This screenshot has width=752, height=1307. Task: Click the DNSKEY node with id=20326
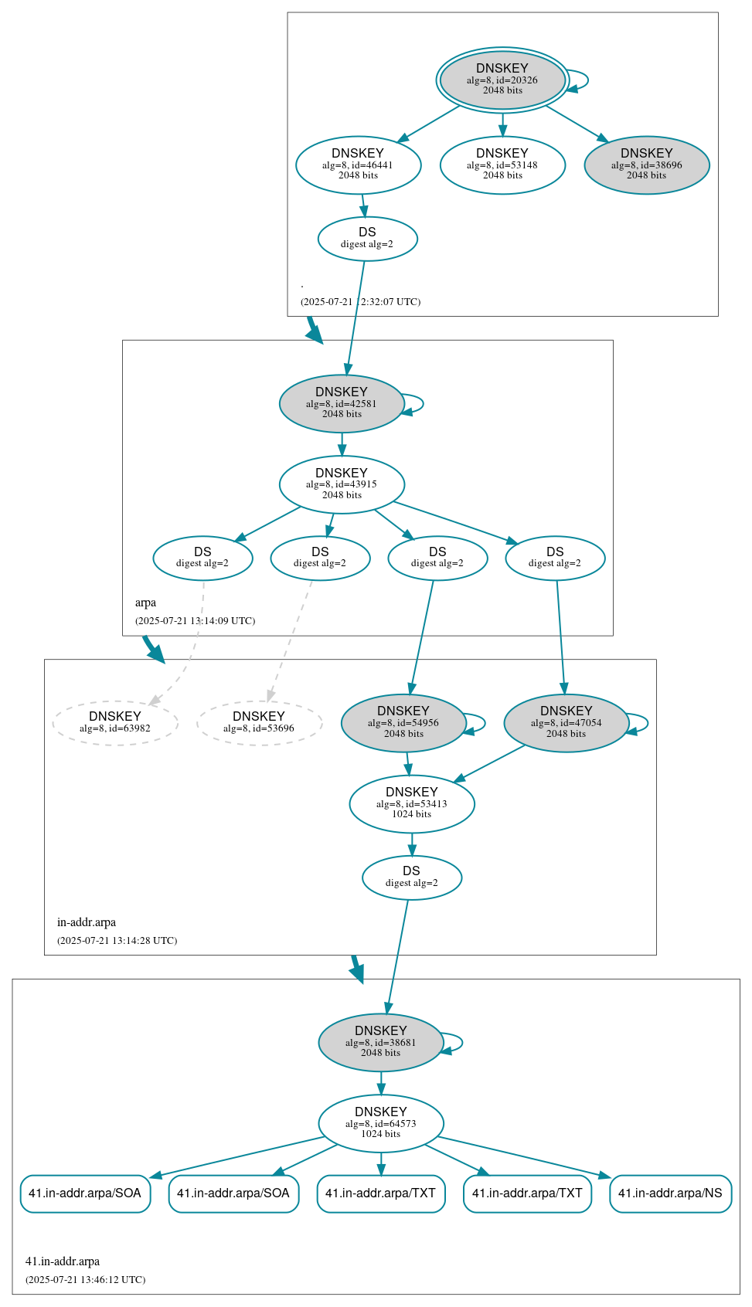[502, 80]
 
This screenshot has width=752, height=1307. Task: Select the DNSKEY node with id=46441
[358, 165]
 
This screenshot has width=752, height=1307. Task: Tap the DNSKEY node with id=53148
[502, 165]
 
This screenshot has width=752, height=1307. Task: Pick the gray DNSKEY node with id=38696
[647, 165]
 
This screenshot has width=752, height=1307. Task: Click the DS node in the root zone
[367, 239]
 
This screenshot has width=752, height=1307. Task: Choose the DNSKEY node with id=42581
[342, 403]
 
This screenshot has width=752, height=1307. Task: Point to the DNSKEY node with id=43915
[342, 484]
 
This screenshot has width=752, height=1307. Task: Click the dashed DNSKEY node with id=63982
[115, 723]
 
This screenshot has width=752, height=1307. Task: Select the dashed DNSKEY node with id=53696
[259, 723]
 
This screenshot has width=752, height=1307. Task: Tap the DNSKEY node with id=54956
[403, 723]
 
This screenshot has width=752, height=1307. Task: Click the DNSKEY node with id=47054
[567, 723]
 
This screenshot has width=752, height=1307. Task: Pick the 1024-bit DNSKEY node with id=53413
[412, 804]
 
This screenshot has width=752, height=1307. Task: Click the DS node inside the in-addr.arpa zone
[412, 878]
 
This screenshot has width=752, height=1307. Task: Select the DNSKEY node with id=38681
[381, 1043]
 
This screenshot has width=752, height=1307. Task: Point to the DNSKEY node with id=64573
[381, 1123]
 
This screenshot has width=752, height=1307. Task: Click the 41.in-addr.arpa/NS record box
[670, 1193]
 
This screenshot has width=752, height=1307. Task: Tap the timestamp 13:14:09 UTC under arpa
[195, 621]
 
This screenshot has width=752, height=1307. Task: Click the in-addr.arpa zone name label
[87, 922]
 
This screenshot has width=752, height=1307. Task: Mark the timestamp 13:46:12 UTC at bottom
[85, 1280]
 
